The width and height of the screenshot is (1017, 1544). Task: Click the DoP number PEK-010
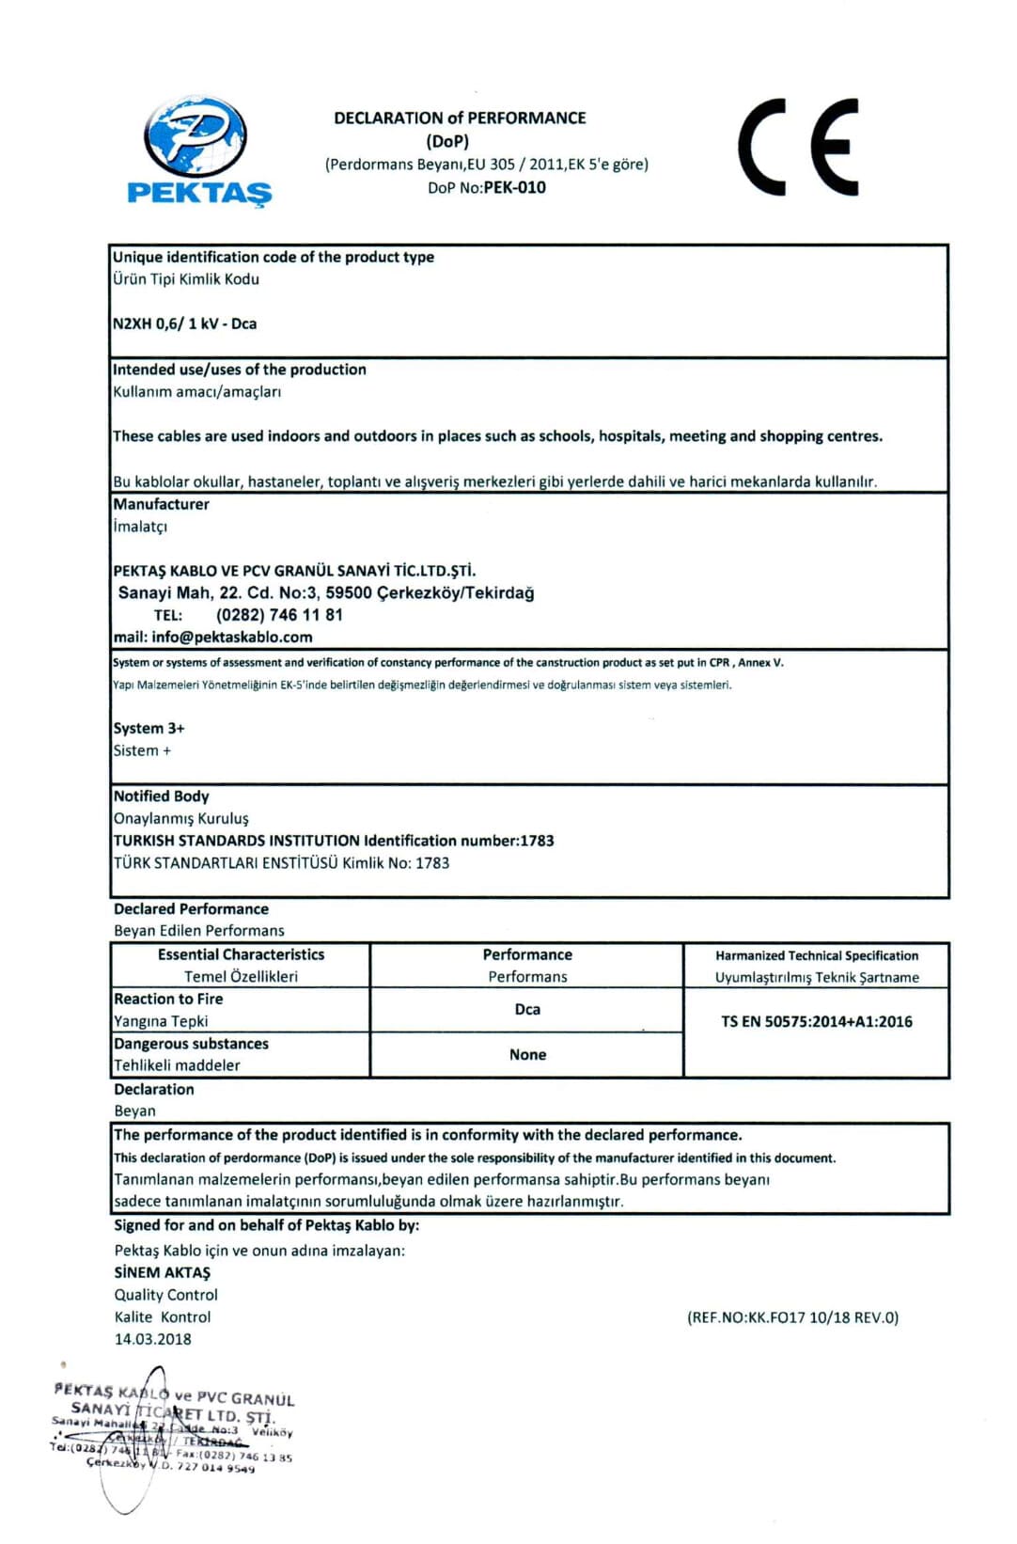click(514, 187)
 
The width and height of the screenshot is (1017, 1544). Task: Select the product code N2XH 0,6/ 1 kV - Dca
click(184, 323)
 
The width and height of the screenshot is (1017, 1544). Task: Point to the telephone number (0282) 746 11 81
click(279, 615)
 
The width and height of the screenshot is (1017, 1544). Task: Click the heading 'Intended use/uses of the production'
click(240, 370)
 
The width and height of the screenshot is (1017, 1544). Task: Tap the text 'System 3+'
click(149, 728)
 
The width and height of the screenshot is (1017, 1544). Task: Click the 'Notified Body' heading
click(161, 796)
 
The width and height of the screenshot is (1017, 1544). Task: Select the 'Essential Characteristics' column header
click(241, 954)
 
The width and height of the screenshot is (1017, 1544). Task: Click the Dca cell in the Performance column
click(527, 1009)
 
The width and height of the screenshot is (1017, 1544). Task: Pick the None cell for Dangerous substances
click(527, 1054)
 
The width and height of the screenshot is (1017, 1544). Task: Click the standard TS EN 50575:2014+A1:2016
click(816, 1021)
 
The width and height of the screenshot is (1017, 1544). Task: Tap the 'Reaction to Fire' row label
click(168, 999)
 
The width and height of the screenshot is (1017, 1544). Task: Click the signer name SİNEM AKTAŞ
click(163, 1272)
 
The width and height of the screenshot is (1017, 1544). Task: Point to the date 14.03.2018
click(152, 1339)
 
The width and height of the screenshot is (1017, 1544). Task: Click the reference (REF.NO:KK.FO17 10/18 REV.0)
click(792, 1317)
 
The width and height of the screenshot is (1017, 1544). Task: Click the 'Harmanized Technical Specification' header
click(816, 955)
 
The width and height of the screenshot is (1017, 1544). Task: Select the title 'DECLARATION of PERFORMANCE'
click(460, 118)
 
